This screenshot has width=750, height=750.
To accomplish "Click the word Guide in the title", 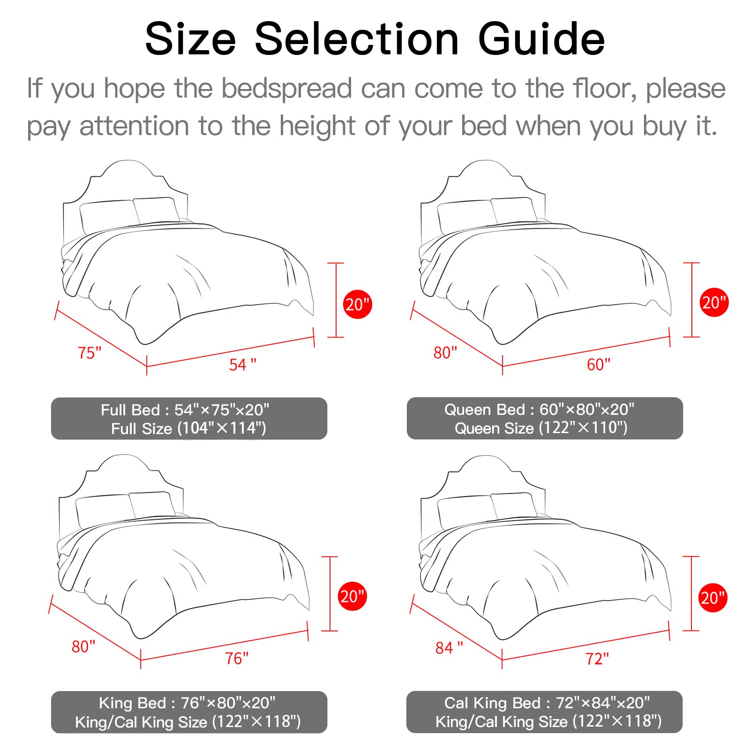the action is (541, 39).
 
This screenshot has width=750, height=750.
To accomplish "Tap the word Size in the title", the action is (190, 39).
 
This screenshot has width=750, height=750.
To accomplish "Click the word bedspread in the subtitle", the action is (286, 88).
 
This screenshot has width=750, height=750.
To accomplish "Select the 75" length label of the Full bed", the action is (89, 352).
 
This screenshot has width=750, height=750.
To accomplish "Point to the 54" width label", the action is (243, 364).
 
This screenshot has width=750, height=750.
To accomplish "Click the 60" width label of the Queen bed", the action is (599, 364).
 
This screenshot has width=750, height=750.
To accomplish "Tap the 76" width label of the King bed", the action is (237, 658).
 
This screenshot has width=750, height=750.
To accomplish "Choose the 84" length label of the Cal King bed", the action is (449, 647).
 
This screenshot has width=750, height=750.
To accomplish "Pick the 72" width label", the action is (597, 659).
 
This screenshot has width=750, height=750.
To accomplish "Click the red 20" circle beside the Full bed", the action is (358, 305).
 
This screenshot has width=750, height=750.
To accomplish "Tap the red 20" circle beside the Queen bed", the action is (714, 302).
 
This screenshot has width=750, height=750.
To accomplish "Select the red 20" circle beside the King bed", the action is (352, 596).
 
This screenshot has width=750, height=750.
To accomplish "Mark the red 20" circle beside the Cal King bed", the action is (713, 598).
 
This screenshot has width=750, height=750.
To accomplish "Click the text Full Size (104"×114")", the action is (188, 428).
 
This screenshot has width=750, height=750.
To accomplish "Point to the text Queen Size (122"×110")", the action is (541, 427).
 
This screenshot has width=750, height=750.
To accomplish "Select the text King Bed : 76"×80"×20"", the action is (187, 703).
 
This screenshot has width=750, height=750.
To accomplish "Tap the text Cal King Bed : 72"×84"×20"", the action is (547, 703).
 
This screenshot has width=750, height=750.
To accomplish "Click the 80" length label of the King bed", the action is (83, 646).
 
